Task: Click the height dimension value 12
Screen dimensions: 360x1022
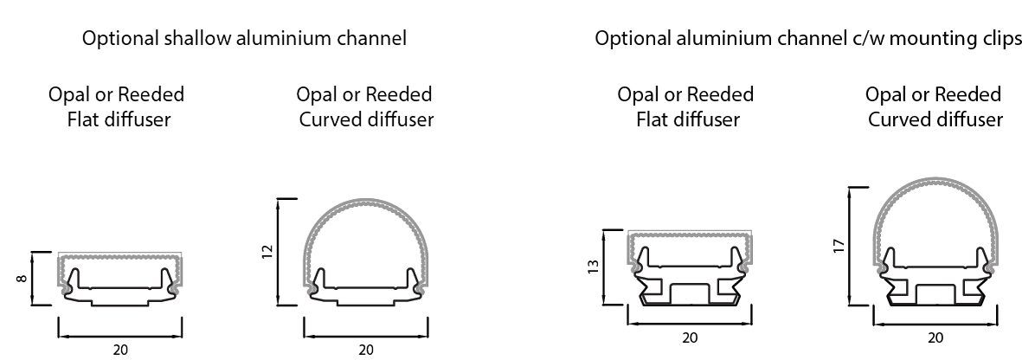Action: point(267,252)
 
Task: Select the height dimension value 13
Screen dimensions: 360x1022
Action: point(591,267)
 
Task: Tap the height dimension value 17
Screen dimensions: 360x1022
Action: point(838,246)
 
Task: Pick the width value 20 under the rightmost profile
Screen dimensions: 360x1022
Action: point(935,337)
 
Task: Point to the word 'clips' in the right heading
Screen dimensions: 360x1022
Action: point(1001,39)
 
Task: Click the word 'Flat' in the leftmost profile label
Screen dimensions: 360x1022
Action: point(84,119)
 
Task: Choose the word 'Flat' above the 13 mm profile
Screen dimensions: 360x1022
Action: point(653,119)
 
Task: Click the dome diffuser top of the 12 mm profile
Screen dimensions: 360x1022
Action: point(365,202)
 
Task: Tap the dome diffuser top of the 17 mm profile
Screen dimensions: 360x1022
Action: point(935,183)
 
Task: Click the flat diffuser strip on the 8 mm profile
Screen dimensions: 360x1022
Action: point(120,257)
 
